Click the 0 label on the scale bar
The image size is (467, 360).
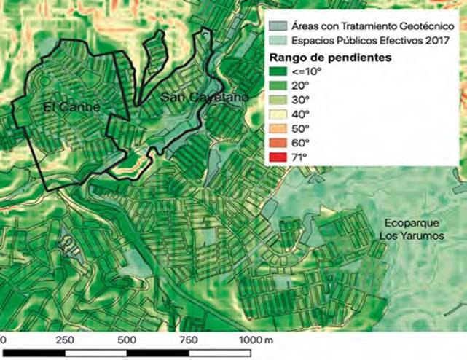point(3,340)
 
